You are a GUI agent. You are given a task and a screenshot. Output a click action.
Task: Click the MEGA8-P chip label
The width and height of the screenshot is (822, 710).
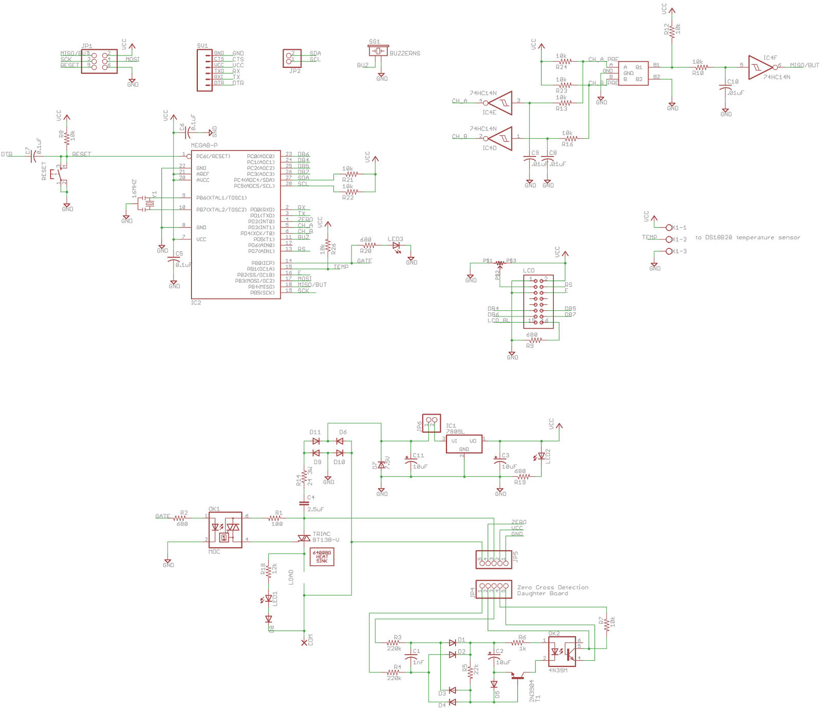[x=204, y=145]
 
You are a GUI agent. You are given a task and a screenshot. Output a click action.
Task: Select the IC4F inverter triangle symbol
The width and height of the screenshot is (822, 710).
[x=759, y=67]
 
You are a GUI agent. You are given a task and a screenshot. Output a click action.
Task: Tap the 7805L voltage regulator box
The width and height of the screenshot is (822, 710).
[x=464, y=444]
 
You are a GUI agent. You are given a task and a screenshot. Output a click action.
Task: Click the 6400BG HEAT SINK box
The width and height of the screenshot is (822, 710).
[x=322, y=557]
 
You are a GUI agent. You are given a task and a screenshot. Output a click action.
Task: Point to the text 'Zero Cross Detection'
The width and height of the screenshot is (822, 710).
[x=552, y=587]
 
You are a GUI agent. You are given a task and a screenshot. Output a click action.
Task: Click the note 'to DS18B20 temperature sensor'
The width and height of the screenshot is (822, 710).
[x=748, y=237]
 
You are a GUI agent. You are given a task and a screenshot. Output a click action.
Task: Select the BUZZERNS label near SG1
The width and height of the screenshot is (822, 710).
[x=404, y=53]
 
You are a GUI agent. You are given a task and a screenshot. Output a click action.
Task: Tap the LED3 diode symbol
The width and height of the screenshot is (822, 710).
[x=396, y=246]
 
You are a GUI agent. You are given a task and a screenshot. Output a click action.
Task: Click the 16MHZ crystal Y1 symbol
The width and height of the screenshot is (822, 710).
[x=148, y=203]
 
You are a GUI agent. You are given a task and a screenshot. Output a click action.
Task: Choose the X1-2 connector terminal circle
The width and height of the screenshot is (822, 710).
[x=669, y=239]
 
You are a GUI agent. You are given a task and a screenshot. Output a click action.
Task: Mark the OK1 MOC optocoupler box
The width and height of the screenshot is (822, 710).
[x=226, y=530]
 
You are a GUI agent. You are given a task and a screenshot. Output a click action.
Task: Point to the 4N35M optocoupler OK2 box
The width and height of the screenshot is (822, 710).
[x=562, y=651]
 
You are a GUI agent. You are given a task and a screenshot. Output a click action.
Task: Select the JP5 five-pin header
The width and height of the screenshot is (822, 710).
[x=494, y=560]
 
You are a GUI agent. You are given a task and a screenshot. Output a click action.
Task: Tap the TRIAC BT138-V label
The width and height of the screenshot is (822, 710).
[x=325, y=537]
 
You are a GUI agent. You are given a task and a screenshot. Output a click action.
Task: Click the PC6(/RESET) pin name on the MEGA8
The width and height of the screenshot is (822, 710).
[x=213, y=156]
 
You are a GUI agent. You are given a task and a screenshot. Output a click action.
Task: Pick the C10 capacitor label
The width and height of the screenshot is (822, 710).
[x=733, y=82]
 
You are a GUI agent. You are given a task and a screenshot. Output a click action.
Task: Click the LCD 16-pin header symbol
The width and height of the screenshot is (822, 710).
[x=538, y=302]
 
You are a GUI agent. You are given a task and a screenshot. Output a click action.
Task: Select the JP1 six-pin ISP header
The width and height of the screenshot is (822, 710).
[x=99, y=61]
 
